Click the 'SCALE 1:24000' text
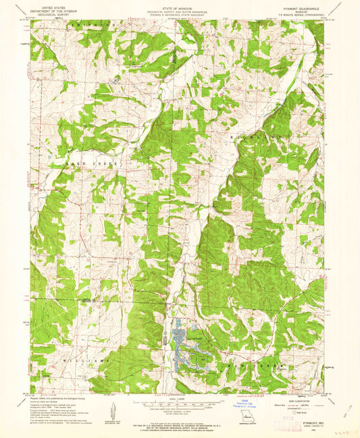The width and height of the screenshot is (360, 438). coord(180,399)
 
